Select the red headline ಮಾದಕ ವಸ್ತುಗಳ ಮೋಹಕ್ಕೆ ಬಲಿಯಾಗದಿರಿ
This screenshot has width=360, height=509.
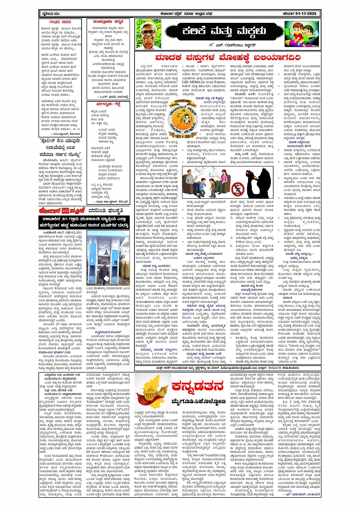227,57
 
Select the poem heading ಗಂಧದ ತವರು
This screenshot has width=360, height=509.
60,22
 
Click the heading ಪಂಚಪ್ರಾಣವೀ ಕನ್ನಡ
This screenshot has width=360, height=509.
108,22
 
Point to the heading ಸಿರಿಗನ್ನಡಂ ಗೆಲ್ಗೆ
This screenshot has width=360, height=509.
108,104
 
